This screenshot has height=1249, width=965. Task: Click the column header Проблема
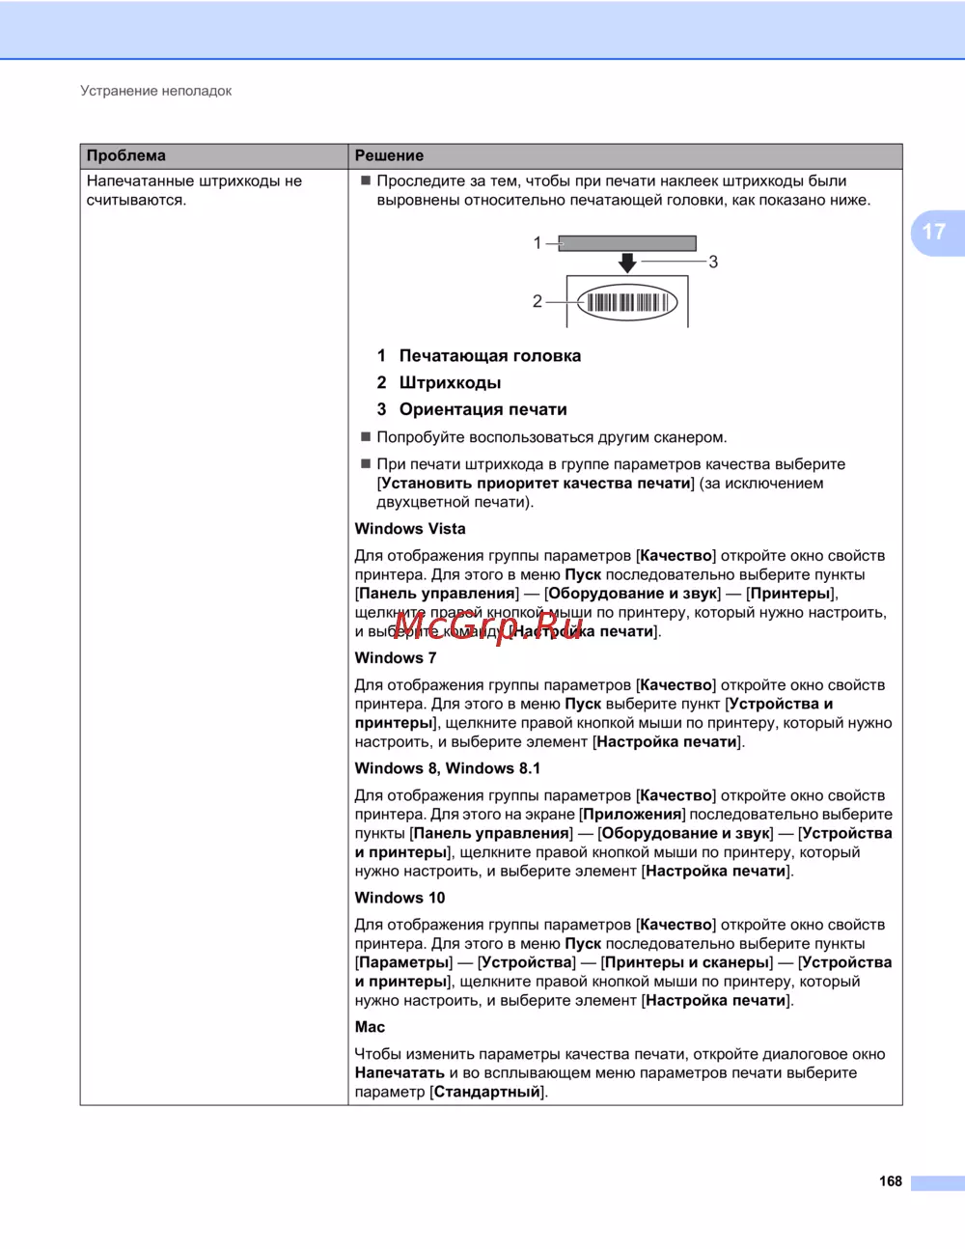point(126,155)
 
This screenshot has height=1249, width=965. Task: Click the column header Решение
point(389,155)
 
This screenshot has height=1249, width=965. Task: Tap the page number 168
point(890,1181)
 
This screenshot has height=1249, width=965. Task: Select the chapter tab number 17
point(934,233)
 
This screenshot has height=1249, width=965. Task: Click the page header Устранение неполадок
point(155,91)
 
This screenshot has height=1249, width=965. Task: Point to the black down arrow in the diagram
point(627,263)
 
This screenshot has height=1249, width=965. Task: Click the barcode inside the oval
point(627,302)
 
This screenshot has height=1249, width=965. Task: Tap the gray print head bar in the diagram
point(627,243)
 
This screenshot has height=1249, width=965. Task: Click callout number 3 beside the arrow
point(713,262)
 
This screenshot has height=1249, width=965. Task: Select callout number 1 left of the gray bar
point(538,243)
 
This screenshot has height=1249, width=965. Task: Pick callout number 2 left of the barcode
point(538,301)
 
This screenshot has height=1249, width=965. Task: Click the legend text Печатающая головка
point(490,355)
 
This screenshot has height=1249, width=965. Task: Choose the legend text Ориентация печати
point(482,409)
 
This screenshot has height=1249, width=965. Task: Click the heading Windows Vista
point(410,529)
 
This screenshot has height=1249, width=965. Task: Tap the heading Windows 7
point(396,658)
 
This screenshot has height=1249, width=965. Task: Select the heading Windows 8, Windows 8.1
point(448,768)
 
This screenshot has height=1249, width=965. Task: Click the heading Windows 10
point(400,898)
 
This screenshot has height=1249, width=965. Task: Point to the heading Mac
point(370,1027)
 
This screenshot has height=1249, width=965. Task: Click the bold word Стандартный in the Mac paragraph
point(487,1092)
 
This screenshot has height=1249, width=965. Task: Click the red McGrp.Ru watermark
point(488,627)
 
